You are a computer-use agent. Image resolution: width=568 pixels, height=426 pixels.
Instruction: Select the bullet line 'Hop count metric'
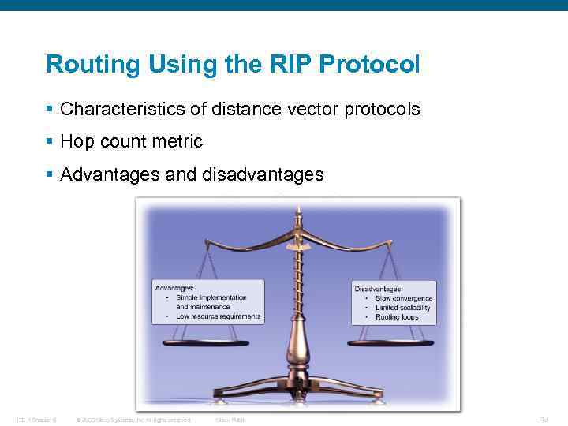[131, 142]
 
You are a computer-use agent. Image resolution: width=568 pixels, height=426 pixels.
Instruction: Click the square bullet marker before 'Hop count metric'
[50, 142]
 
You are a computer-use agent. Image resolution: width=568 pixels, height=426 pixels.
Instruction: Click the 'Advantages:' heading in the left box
[175, 288]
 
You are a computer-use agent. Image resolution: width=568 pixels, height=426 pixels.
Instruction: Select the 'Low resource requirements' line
[219, 316]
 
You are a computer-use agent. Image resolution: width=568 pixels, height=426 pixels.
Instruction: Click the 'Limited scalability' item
[403, 308]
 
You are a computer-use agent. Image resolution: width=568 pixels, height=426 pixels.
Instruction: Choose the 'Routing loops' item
[398, 317]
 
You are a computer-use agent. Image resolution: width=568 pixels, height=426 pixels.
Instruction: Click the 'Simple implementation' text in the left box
[211, 297]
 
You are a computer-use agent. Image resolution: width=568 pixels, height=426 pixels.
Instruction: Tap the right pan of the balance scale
[390, 343]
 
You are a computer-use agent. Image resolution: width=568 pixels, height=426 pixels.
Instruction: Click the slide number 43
[544, 419]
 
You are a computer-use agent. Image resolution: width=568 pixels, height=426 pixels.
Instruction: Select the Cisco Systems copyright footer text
[133, 420]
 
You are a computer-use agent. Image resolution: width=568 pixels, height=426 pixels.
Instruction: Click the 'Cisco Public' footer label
[230, 420]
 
